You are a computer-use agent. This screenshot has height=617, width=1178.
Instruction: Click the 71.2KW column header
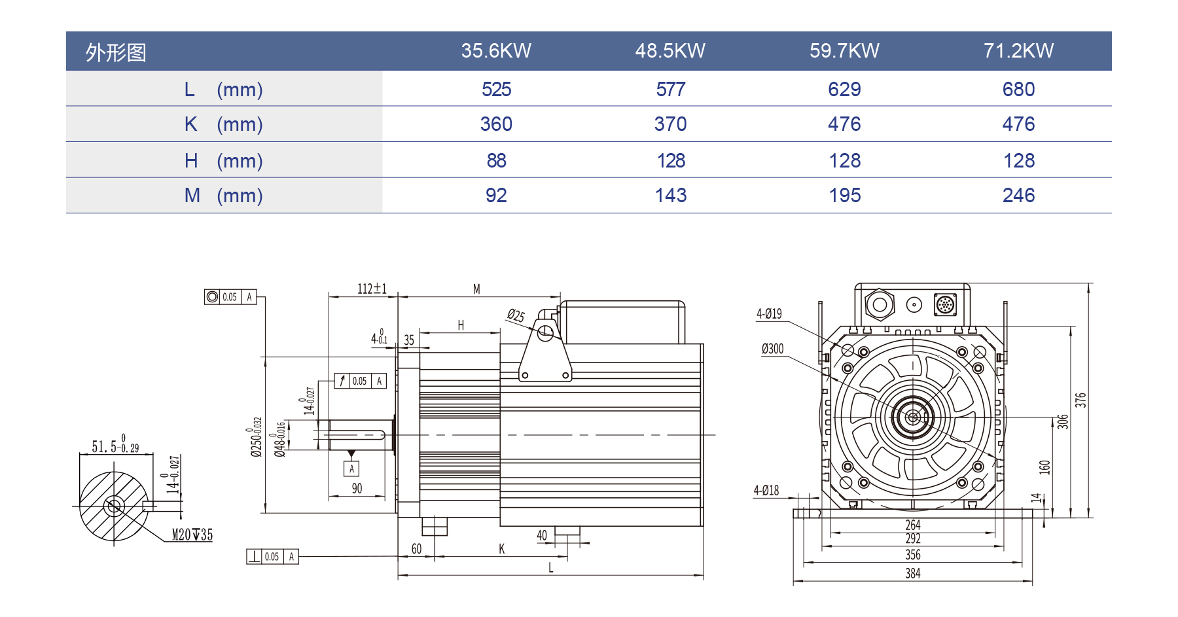point(1018,51)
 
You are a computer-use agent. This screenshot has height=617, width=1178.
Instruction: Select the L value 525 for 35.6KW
point(496,89)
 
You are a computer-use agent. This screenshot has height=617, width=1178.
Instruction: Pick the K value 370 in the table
point(670,124)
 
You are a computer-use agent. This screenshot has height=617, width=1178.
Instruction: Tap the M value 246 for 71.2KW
point(1018,196)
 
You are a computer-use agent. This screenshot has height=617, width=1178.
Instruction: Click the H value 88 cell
point(496,160)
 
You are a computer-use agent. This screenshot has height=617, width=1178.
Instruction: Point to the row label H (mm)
point(223,160)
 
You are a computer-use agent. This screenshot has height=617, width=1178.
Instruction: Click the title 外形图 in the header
point(116,52)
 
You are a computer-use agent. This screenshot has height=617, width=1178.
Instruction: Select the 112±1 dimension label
point(372,289)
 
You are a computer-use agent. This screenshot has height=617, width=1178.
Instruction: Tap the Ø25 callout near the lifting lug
point(516,316)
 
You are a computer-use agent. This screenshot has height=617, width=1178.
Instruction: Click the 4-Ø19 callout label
point(769,314)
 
